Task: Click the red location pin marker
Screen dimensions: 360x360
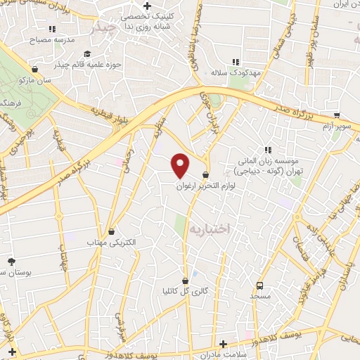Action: tap(181, 166)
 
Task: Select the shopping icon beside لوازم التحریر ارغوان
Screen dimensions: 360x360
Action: tap(205, 175)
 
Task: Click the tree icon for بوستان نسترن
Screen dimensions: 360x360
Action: tap(11, 261)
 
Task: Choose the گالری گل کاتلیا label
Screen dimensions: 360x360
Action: tap(185, 290)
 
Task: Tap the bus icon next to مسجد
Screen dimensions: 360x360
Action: tap(260, 285)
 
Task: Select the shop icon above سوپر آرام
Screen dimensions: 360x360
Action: tap(337, 115)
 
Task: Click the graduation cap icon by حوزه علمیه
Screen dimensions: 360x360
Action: tap(87, 54)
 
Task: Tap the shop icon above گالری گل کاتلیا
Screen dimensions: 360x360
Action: tap(185, 281)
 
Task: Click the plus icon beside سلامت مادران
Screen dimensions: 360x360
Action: tap(223, 344)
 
